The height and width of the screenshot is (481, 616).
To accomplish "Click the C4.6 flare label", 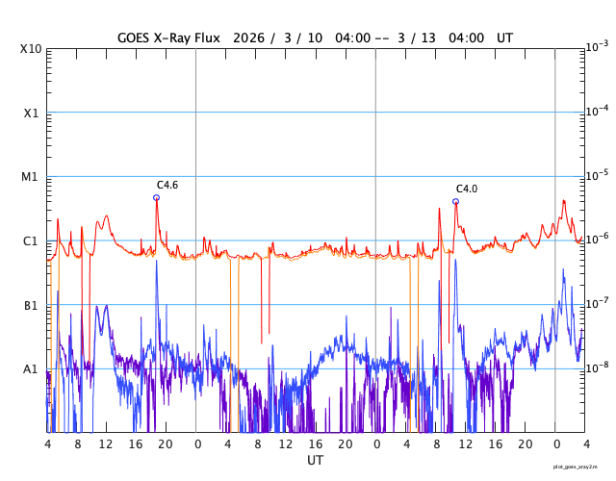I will point(167,185).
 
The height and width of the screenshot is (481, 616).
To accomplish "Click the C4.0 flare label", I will point(467,189).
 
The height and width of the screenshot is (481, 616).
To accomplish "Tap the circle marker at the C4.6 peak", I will point(156,197).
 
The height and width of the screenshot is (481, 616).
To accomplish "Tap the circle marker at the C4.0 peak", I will point(455,201).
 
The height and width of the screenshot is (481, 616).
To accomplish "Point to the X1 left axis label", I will point(32,113).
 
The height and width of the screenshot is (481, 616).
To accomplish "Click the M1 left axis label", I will point(31,177).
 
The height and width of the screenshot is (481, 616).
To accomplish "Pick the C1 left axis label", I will point(31,241).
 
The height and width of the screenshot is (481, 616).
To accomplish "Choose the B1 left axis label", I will point(31,306).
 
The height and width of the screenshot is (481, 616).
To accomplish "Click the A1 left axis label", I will point(31,369).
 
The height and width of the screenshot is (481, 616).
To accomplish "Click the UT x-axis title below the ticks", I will point(315,461).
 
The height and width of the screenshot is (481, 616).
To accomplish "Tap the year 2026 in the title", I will point(254,38).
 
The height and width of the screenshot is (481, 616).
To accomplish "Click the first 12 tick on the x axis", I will point(107,444).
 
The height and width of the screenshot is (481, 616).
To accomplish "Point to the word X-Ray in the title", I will point(172,38).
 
